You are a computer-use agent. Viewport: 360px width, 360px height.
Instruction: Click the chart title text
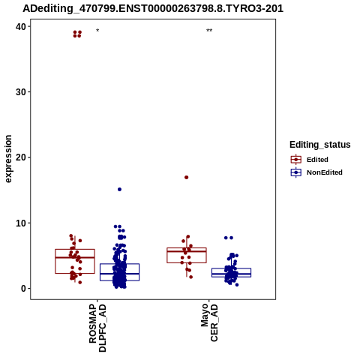tap(153, 9)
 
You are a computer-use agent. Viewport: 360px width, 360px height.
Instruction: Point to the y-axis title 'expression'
tap(8, 159)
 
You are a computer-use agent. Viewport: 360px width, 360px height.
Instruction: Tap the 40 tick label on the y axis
tap(21, 26)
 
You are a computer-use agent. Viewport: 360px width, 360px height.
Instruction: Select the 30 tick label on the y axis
tap(21, 92)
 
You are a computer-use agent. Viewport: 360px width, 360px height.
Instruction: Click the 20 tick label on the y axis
tap(21, 157)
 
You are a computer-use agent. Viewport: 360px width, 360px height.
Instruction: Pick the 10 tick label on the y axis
tap(21, 223)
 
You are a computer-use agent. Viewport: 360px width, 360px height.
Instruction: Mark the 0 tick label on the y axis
tap(24, 289)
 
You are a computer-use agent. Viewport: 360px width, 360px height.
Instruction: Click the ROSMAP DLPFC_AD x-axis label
tap(97, 328)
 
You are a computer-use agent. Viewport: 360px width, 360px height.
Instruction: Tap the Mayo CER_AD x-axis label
tap(209, 322)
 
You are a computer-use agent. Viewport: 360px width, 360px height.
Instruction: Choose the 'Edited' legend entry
tap(317, 160)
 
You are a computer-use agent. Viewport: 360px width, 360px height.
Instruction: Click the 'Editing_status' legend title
tap(320, 145)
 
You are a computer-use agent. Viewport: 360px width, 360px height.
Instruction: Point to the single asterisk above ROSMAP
tap(97, 31)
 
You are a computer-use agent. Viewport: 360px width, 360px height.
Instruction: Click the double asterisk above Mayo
tap(209, 31)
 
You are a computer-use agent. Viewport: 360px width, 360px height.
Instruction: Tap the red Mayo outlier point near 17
tap(186, 177)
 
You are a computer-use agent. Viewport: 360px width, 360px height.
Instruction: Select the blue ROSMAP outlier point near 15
tap(119, 189)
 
